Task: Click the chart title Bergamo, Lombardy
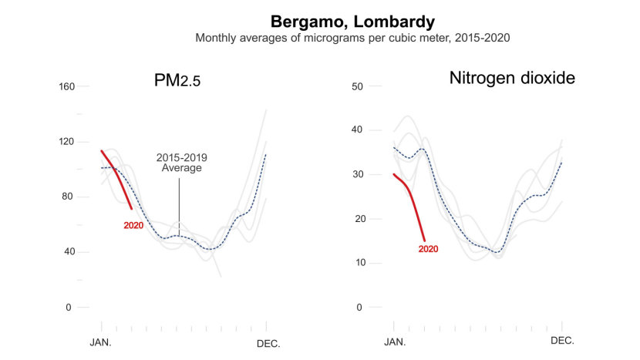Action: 352,21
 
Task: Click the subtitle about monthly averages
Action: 352,37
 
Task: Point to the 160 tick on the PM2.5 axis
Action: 66,86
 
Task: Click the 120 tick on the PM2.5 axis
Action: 66,142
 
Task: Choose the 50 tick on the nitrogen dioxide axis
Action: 357,86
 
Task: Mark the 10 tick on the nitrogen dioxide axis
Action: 357,263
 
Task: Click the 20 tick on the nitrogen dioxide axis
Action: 357,219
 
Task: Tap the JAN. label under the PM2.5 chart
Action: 101,341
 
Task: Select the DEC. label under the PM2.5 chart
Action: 267,341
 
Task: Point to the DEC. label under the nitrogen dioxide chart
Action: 561,340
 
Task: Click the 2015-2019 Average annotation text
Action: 181,163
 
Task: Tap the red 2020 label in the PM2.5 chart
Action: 134,225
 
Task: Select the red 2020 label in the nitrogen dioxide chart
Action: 428,249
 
